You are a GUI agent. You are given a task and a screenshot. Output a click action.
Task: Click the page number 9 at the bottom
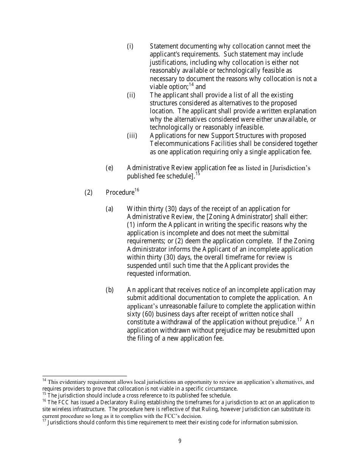click(x=180, y=441)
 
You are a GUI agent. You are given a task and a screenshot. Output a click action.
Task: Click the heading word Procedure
click(x=120, y=192)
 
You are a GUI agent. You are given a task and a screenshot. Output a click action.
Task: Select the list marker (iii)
click(x=132, y=136)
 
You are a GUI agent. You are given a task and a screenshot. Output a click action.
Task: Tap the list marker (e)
click(x=109, y=168)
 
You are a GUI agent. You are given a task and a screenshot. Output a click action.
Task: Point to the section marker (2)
click(x=88, y=192)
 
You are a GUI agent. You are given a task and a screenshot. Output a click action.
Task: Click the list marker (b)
click(x=109, y=290)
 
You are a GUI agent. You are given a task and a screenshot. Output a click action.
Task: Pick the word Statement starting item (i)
click(x=164, y=46)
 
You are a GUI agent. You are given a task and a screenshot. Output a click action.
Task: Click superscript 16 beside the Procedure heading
click(x=137, y=190)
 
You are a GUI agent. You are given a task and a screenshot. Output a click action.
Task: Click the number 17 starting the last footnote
click(x=44, y=421)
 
